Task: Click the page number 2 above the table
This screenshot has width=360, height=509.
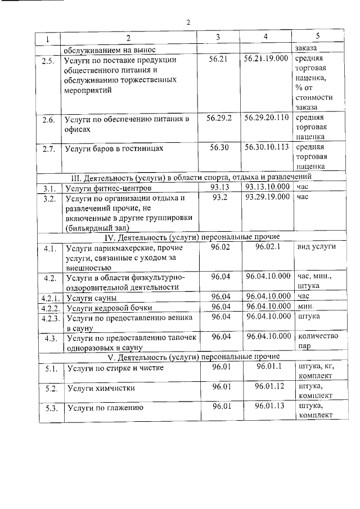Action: click(188, 22)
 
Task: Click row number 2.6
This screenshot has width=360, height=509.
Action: click(49, 120)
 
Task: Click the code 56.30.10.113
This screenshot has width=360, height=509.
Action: click(267, 147)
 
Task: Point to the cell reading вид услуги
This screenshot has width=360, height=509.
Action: click(316, 247)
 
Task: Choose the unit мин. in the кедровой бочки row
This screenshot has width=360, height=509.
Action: click(305, 307)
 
